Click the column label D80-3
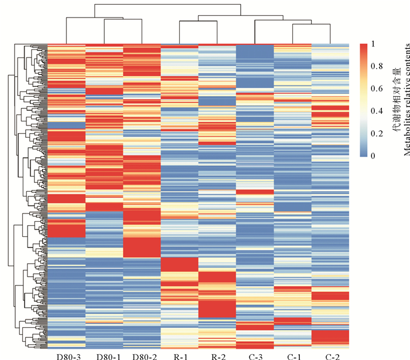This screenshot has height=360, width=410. [x=69, y=356]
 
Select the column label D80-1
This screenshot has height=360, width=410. [x=108, y=356]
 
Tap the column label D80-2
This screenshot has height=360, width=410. [x=145, y=356]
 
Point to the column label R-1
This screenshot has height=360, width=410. [x=180, y=356]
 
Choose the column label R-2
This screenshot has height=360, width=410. [x=218, y=356]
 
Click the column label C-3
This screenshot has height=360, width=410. [x=256, y=356]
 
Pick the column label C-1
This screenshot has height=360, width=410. [x=294, y=356]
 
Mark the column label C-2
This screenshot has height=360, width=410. [x=333, y=356]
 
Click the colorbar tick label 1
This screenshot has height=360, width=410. [x=373, y=44]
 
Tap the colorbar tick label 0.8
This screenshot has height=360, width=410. [x=377, y=66]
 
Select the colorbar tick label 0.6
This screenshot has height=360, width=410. [x=377, y=89]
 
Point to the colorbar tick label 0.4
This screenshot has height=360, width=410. [x=377, y=111]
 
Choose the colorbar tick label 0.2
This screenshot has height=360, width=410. [x=377, y=134]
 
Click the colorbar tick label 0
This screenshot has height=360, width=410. [x=373, y=156]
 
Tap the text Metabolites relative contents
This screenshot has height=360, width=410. [x=407, y=100]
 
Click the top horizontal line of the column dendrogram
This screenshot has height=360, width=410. [x=168, y=4]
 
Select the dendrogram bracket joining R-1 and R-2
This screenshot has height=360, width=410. [x=198, y=21]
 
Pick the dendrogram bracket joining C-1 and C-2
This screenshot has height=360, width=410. [x=312, y=24]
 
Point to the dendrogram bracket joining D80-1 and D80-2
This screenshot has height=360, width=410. [x=123, y=19]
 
